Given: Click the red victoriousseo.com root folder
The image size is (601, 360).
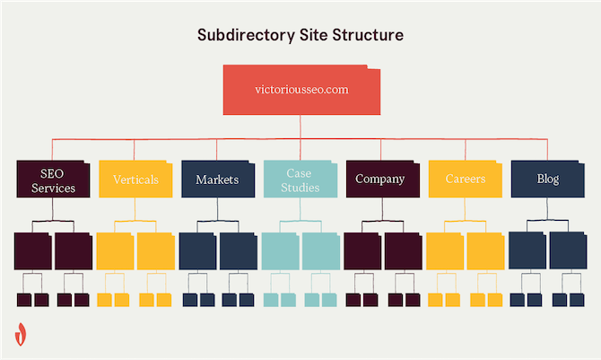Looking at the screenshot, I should [300, 91].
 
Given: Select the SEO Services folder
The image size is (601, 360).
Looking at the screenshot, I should [52, 179].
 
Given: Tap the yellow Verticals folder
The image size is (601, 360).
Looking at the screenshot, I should [135, 179].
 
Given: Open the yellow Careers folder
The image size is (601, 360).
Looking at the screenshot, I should [466, 179].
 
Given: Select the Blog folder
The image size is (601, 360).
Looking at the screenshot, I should [548, 179].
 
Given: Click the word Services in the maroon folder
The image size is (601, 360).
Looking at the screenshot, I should [53, 189].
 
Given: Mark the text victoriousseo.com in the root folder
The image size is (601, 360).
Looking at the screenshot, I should [300, 90].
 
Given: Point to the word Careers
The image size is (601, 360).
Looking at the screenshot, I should [466, 180].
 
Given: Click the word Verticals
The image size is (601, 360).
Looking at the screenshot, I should [135, 180].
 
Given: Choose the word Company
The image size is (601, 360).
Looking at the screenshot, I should [380, 180].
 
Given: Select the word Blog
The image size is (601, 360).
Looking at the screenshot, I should [548, 180].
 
